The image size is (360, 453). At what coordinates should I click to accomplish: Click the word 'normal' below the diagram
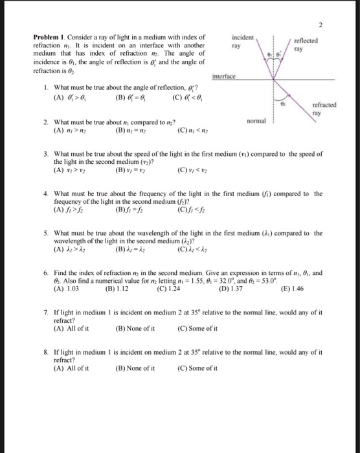[256, 120]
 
